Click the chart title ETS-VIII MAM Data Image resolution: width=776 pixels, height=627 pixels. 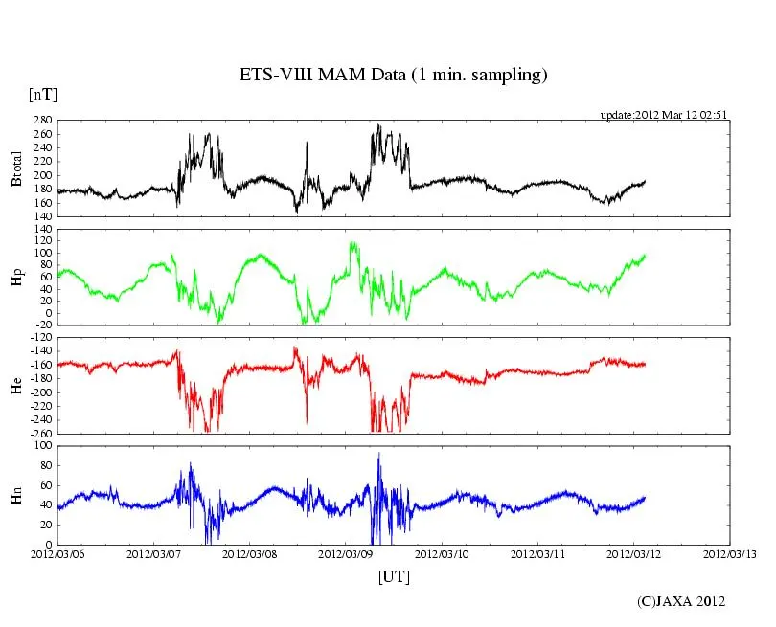[393, 75]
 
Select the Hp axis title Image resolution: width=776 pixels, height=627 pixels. [17, 277]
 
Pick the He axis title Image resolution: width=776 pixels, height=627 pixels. [17, 385]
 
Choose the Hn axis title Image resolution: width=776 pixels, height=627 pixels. [17, 494]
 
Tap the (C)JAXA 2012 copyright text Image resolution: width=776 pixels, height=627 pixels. [681, 601]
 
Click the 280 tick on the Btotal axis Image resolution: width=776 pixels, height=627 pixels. [41, 122]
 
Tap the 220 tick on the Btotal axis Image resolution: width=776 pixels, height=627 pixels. [41, 163]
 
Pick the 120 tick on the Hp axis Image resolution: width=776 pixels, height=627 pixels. [41, 231]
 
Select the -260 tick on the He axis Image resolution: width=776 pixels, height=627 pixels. [38, 433]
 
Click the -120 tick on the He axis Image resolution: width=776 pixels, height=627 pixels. [38, 339]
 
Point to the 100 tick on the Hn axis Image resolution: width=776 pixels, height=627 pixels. [41, 446]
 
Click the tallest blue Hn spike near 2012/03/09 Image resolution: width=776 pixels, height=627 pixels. [378, 455]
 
